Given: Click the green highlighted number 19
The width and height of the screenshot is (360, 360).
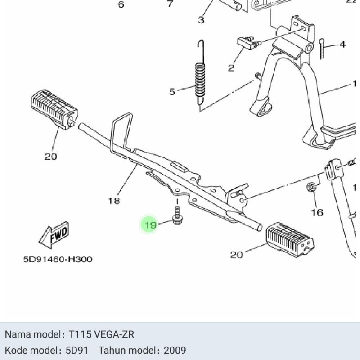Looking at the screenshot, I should point(150,225).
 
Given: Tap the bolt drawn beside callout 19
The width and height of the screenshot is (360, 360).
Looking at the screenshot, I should point(177,216).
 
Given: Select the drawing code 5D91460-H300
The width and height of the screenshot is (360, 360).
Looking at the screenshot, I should point(58,259).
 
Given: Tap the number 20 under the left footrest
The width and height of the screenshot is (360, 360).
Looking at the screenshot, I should point(51,157).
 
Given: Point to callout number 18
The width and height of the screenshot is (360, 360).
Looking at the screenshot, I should point(114,201).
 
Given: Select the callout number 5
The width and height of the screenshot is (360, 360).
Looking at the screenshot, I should point(172,92).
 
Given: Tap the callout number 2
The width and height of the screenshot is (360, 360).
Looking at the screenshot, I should point(231,68).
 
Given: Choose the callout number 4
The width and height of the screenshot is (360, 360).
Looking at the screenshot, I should point(342,45).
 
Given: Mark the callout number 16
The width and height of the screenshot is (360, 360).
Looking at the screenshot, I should point(317,212).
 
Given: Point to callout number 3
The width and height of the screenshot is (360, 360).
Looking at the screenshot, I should point(201,20).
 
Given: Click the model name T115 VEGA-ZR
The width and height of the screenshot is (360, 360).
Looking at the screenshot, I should point(101,334).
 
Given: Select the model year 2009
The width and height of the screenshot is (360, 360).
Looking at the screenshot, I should point(175,350).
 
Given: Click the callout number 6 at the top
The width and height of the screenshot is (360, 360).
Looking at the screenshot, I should point(121,5).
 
